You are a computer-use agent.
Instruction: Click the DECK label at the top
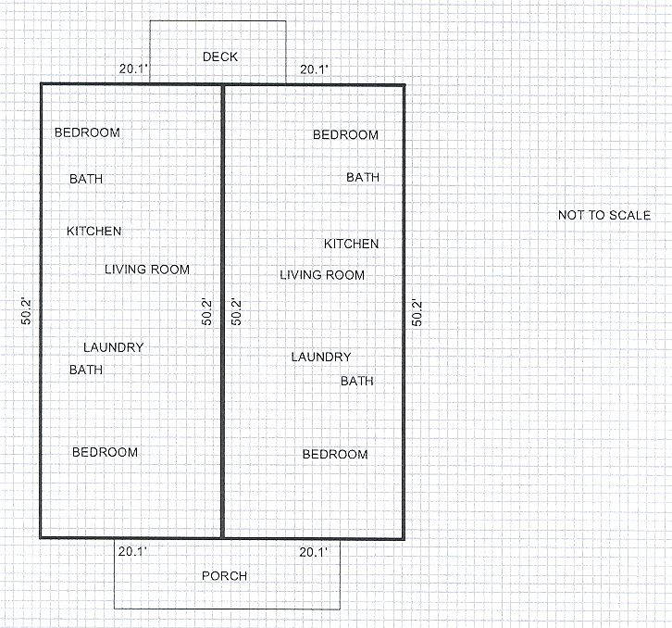tap(220, 57)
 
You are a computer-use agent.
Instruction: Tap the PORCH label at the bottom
tap(225, 576)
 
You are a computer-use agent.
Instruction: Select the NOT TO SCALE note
tap(604, 216)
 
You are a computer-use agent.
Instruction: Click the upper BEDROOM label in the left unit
tap(87, 132)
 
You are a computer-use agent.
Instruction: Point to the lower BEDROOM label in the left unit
tap(106, 452)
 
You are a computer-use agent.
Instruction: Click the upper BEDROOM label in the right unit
tap(345, 135)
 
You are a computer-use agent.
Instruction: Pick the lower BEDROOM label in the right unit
tap(335, 455)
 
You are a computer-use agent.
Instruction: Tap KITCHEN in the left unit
tap(93, 231)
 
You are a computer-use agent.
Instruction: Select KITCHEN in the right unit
tap(351, 245)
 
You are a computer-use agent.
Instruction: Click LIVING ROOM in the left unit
tap(147, 270)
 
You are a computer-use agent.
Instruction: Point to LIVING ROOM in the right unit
tap(322, 275)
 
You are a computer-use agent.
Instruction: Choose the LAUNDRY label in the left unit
tap(114, 347)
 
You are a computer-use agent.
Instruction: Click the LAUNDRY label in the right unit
tap(321, 358)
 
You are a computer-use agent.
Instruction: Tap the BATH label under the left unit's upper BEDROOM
tap(86, 180)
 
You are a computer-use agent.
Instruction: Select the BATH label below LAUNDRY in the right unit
tap(357, 381)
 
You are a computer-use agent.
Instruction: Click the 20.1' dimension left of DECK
tap(132, 69)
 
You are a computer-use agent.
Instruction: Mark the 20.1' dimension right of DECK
tap(314, 69)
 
